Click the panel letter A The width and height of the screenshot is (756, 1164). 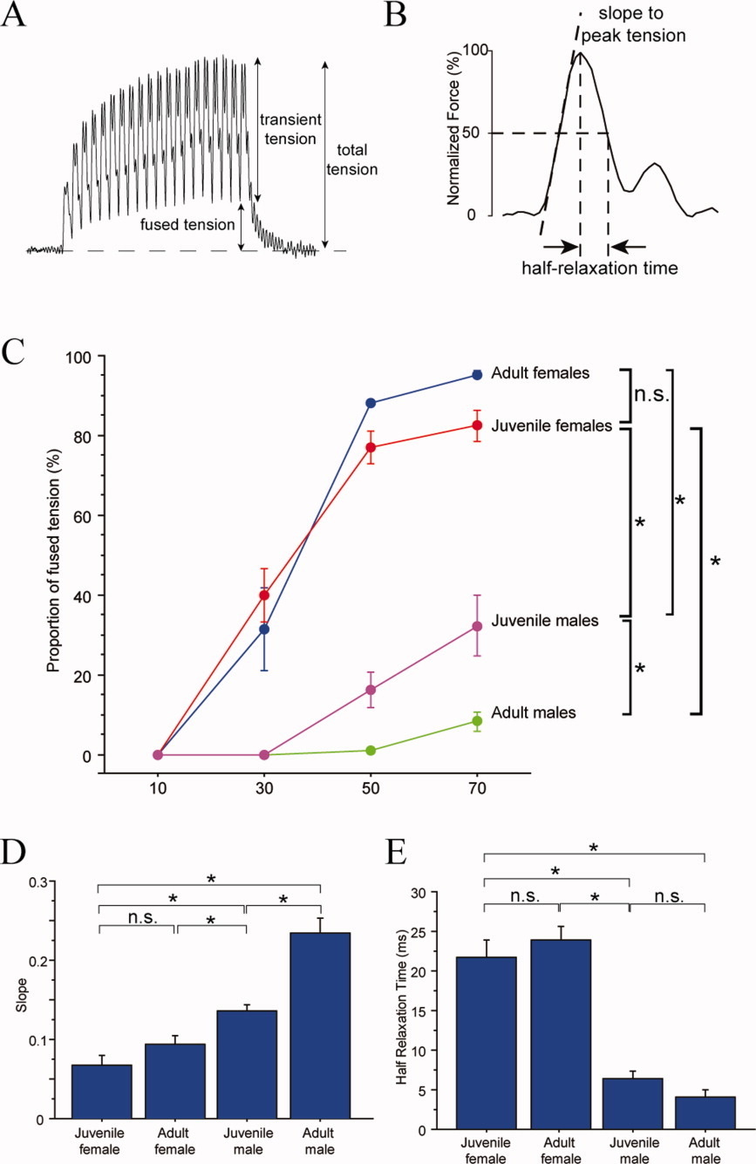point(15,17)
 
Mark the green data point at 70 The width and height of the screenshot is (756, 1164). point(476,721)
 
